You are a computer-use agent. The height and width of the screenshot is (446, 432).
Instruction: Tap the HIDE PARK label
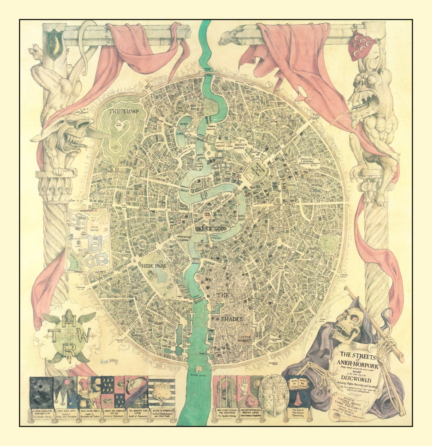click(154, 266)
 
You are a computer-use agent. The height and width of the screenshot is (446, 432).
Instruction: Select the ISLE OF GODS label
click(210, 229)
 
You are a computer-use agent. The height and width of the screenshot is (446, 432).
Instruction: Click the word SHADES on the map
click(232, 319)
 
